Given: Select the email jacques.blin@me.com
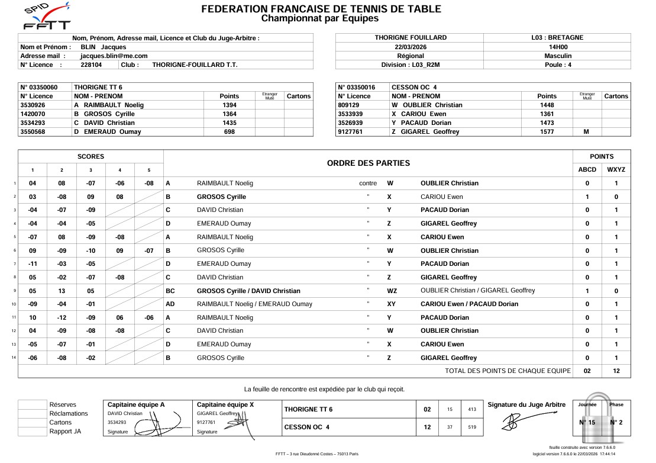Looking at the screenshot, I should click(x=114, y=56).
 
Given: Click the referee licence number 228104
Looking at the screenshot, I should click(x=91, y=65).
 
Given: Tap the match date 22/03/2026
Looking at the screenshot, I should click(x=411, y=47).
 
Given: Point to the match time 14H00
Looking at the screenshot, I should click(x=557, y=47).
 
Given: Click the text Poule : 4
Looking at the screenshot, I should click(x=557, y=65).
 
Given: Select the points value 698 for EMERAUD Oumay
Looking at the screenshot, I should click(x=229, y=132).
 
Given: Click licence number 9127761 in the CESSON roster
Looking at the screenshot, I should click(x=350, y=132).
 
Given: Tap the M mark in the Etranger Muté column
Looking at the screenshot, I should click(x=586, y=132).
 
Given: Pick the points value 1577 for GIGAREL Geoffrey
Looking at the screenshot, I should click(x=547, y=132).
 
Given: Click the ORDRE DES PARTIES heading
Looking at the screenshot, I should click(x=368, y=163).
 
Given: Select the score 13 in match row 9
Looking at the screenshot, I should click(x=62, y=291).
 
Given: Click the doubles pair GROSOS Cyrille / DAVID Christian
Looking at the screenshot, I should click(x=248, y=291).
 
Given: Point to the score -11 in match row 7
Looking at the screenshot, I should click(x=33, y=264).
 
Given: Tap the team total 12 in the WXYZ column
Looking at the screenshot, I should click(x=616, y=371).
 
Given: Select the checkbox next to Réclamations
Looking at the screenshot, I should click(x=32, y=414).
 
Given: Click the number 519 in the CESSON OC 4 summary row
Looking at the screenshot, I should click(x=471, y=427).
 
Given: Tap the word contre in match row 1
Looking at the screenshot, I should click(x=368, y=184).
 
